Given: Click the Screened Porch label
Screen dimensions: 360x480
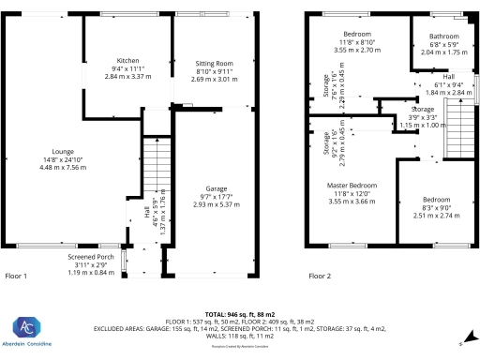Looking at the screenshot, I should click(92, 256).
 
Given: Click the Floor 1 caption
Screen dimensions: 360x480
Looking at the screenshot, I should click(17, 277).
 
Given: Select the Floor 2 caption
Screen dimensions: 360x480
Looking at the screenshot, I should click(319, 277).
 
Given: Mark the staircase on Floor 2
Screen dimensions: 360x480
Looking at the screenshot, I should click(456, 129).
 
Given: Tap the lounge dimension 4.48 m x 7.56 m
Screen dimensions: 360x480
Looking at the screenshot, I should click(63, 167).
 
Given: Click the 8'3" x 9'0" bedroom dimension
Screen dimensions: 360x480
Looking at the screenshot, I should click(435, 208).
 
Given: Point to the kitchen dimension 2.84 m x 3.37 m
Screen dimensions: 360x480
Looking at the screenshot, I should click(128, 75).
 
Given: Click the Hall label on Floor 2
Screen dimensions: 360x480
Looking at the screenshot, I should click(448, 77).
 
